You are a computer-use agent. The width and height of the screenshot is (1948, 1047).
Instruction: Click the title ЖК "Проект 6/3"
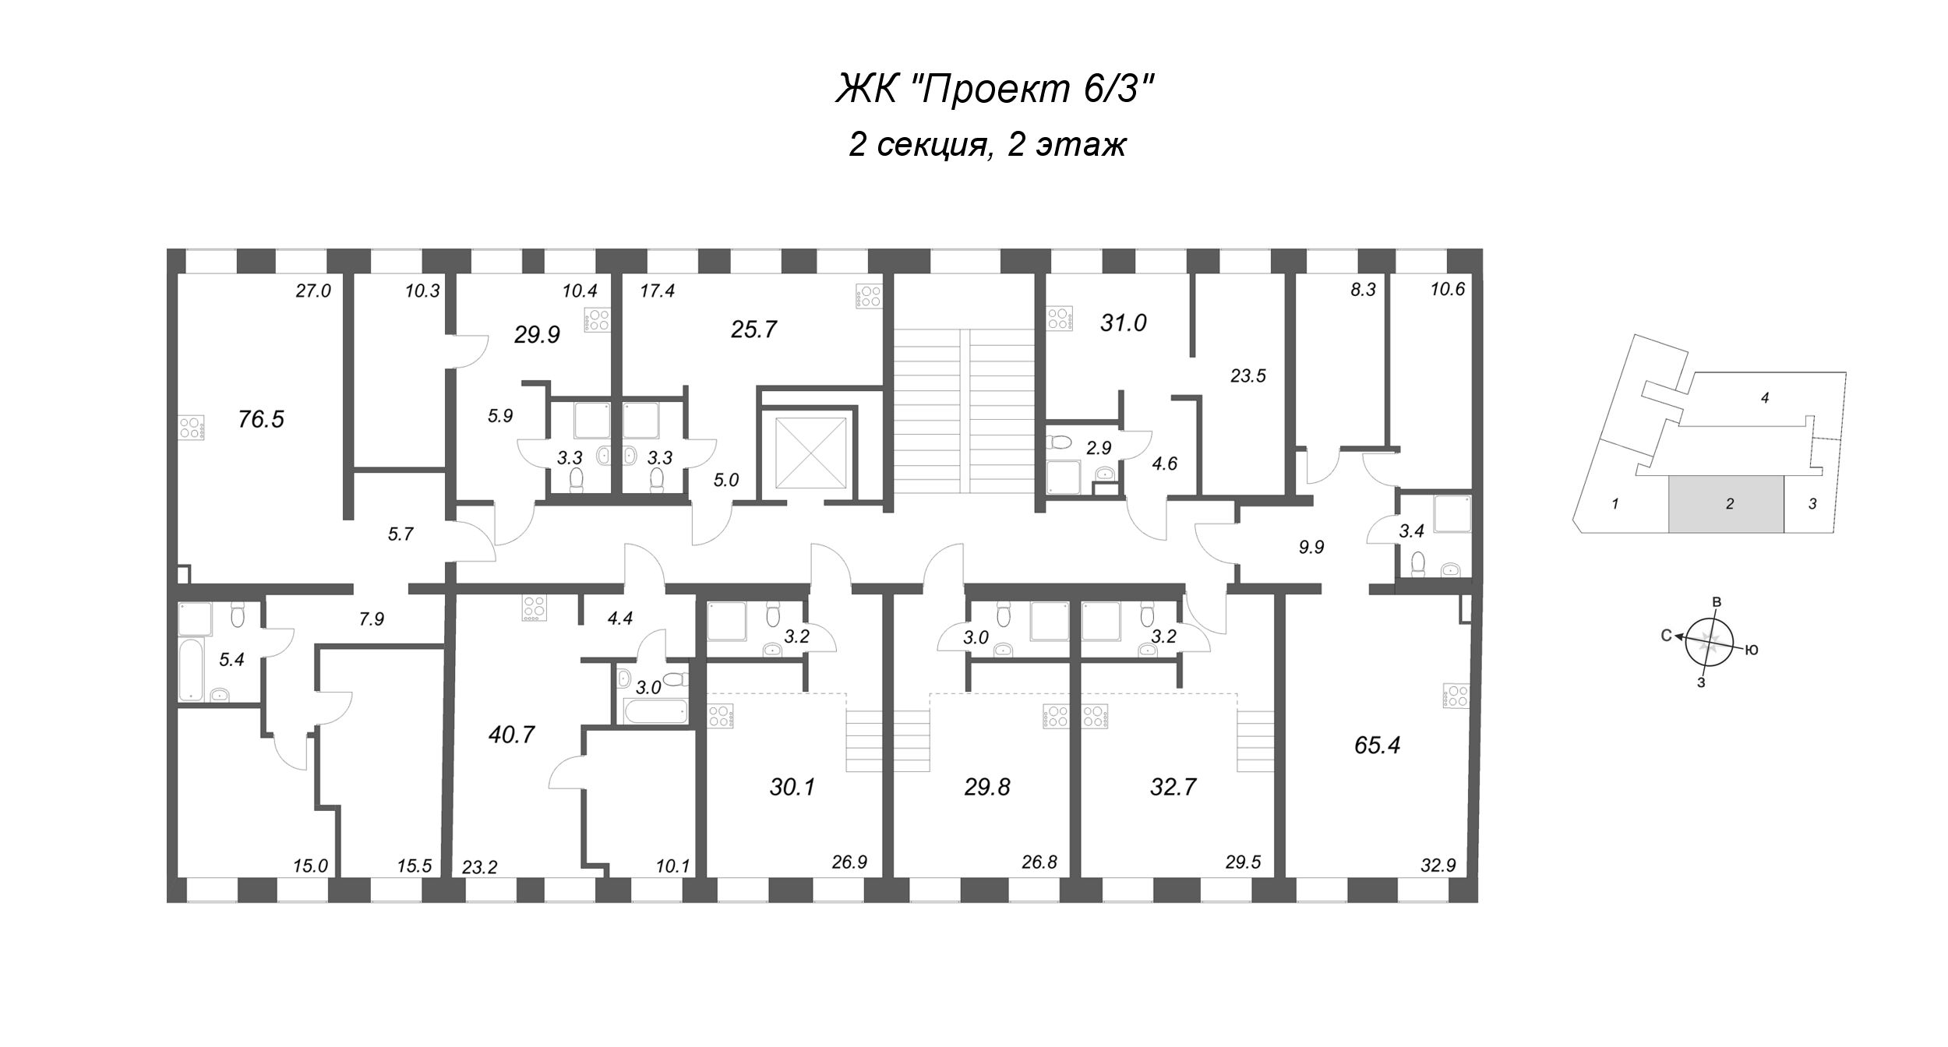[994, 90]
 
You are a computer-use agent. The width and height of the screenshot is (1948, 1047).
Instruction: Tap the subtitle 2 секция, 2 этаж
[987, 145]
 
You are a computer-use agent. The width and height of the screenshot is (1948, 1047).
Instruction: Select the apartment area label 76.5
[261, 420]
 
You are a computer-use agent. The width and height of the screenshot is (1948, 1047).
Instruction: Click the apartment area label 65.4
[1377, 746]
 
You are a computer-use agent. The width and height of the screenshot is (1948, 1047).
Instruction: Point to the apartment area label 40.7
[511, 735]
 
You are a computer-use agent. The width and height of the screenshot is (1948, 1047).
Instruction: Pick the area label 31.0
[1123, 323]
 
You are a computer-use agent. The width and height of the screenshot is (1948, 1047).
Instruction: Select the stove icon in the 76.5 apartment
[192, 427]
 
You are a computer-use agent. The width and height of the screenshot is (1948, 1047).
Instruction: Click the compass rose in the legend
[1708, 642]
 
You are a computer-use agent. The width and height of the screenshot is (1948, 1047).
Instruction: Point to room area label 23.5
[1247, 376]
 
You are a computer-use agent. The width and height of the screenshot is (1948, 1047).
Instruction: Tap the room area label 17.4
[658, 291]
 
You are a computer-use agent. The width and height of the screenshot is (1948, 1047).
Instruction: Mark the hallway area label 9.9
[1311, 548]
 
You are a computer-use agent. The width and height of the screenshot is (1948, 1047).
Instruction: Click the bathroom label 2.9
[1098, 448]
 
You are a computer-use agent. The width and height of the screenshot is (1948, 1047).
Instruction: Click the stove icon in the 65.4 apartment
[1455, 696]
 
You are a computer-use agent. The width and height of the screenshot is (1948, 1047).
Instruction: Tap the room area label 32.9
[1438, 865]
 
